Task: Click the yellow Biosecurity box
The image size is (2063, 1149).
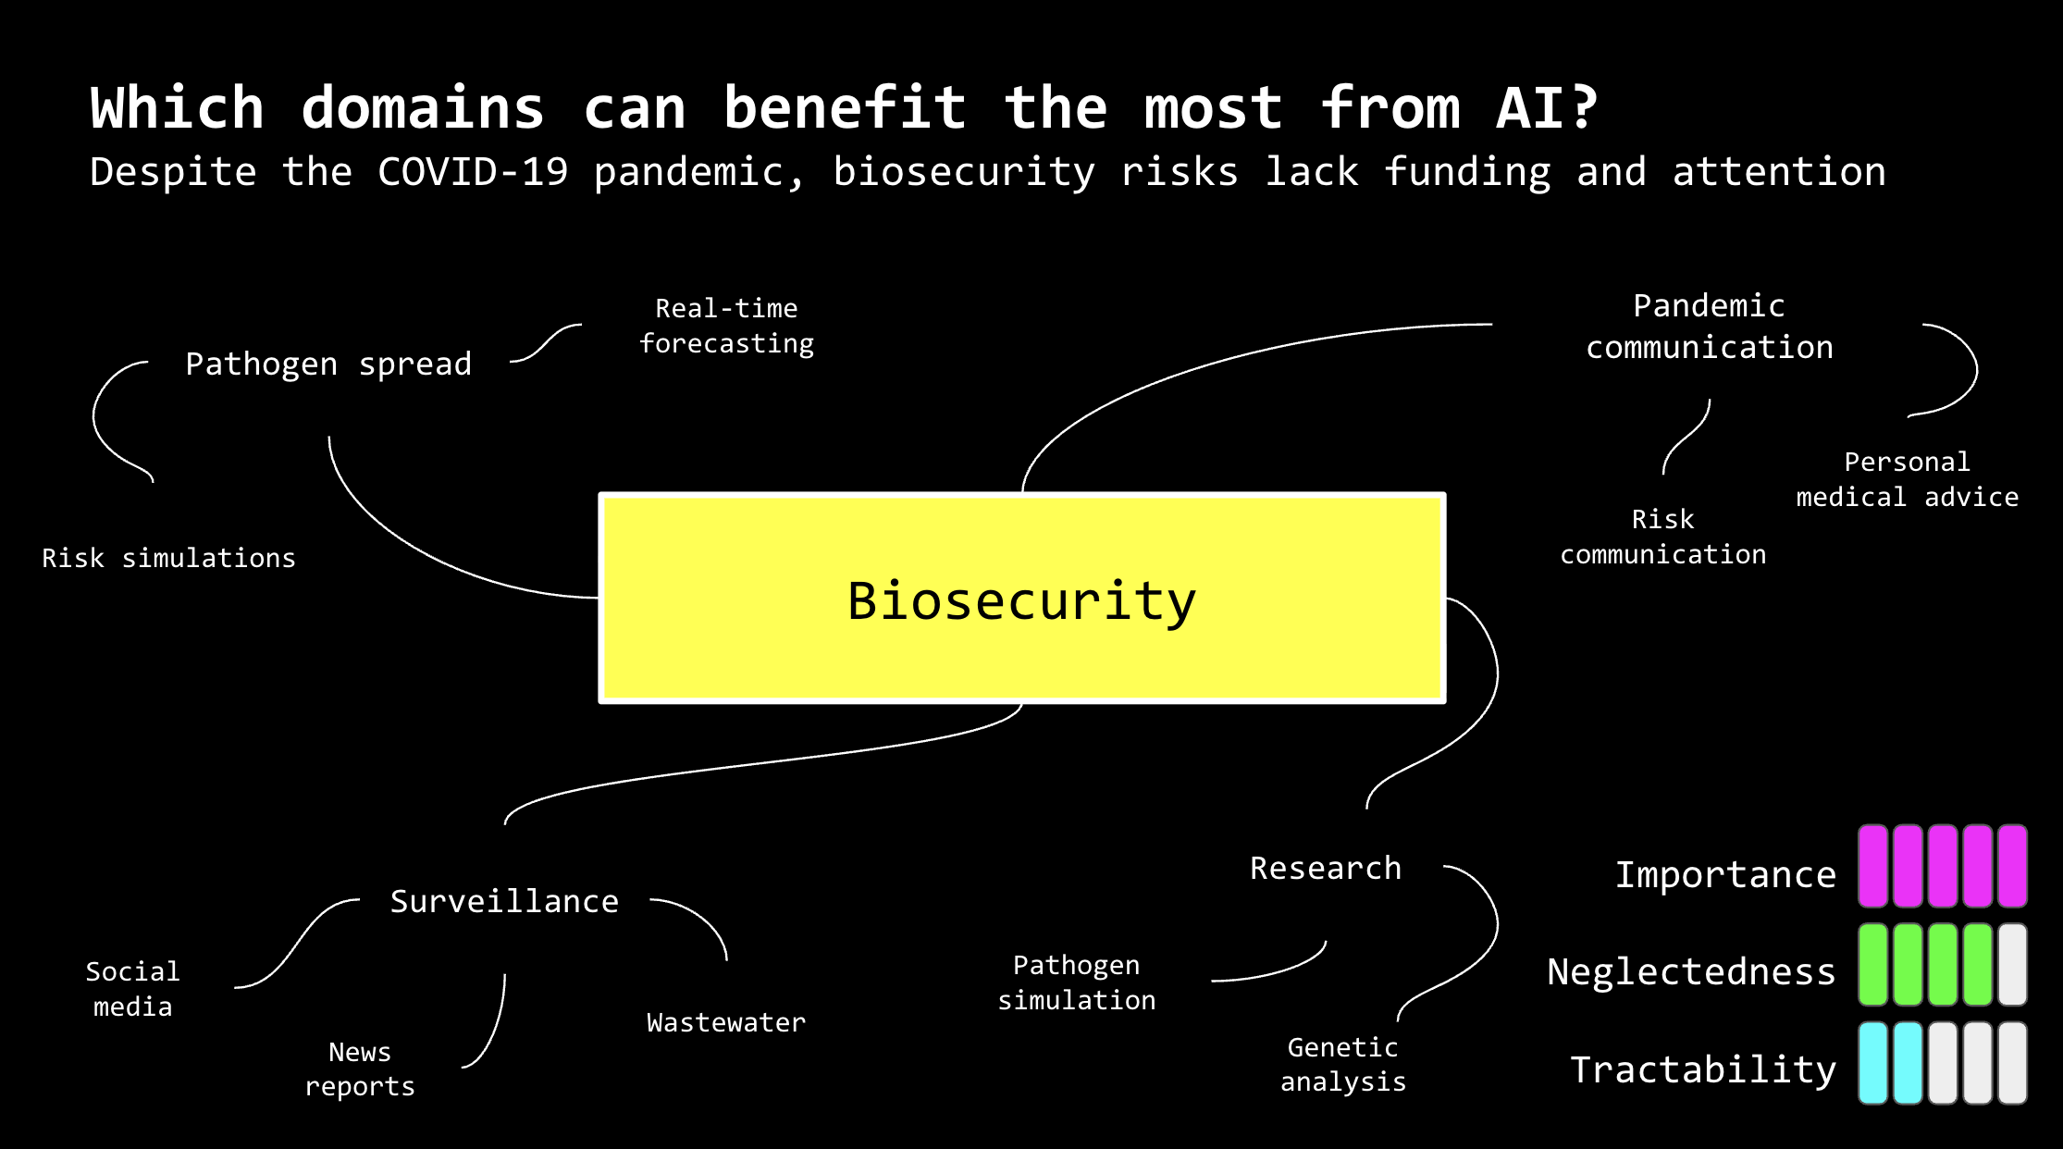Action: point(1021,599)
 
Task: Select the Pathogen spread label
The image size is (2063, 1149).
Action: point(328,364)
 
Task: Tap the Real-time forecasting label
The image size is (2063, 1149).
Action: point(726,326)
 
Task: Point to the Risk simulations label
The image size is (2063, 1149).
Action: point(168,558)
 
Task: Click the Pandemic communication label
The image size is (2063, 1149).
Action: point(1709,327)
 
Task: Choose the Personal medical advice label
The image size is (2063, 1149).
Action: point(1907,479)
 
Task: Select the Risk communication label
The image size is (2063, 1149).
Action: point(1662,537)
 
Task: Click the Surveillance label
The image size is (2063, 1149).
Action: point(504,901)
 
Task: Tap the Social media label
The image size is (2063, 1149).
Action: point(132,989)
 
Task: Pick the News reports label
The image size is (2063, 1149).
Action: point(360,1069)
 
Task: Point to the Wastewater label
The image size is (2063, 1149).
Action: point(726,1022)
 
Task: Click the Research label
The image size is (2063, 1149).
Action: point(1325,868)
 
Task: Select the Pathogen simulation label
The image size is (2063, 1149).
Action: point(1077,982)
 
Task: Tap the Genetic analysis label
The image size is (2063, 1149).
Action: point(1343,1064)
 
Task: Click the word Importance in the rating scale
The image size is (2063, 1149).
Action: point(1725,874)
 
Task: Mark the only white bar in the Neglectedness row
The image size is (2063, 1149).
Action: point(2012,964)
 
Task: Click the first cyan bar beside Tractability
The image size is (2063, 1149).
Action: point(1873,1063)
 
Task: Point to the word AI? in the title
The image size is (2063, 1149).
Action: point(1547,108)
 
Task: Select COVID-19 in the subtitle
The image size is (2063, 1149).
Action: point(473,172)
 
